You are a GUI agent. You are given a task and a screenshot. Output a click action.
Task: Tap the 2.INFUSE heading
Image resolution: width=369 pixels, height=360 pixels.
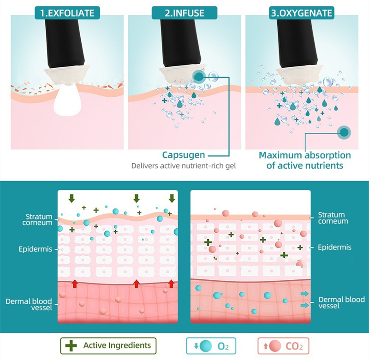tap(184, 13)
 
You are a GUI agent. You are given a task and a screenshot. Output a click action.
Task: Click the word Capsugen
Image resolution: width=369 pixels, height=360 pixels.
tap(184, 155)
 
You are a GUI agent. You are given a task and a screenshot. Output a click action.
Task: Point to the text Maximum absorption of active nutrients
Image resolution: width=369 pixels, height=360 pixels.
tap(305, 160)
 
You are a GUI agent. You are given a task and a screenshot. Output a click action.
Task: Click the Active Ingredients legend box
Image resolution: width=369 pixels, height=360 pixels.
tap(108, 345)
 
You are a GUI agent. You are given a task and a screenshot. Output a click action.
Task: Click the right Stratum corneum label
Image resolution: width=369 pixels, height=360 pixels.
tap(333, 218)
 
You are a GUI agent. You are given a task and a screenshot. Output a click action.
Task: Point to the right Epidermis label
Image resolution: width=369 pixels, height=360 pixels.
tap(334, 248)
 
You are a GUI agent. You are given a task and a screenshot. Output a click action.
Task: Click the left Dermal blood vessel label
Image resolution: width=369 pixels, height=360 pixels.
tap(29, 304)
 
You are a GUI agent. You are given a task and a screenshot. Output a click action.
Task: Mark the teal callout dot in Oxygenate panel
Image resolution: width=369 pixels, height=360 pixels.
tap(344, 133)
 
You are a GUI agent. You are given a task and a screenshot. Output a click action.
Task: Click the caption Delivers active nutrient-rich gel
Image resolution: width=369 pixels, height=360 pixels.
tap(184, 166)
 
